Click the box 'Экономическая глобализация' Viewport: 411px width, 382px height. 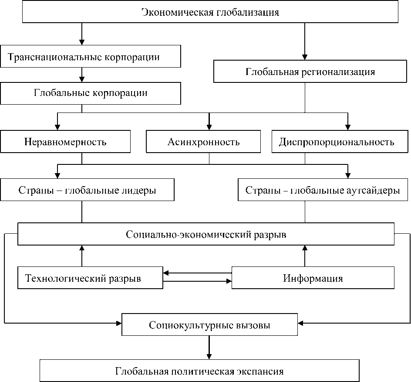click(210, 12)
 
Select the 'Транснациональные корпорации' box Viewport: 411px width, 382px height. click(90, 57)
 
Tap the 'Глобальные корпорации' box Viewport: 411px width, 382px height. click(90, 93)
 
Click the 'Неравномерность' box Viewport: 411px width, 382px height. click(65, 142)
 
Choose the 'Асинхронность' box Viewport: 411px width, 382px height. click(203, 142)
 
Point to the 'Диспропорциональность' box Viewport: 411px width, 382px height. click(340, 142)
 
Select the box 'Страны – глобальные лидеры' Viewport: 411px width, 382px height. click(87, 191)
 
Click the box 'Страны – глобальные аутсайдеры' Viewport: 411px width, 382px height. click(323, 191)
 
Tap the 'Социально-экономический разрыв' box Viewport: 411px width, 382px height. click(206, 234)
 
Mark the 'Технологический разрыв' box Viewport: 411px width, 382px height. click(90, 278)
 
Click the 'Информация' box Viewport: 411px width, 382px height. click(313, 278)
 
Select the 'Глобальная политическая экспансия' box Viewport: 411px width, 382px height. click(200, 372)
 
